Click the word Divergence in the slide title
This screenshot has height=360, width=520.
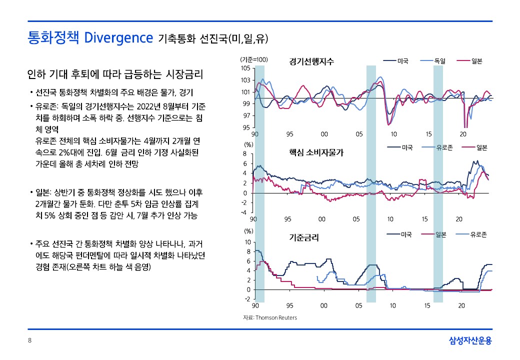pos(118,38)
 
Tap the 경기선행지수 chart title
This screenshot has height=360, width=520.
pos(311,61)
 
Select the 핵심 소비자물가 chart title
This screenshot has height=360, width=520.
pos(316,152)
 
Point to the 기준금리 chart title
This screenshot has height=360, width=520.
pos(304,237)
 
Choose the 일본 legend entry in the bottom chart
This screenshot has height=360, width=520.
pos(434,234)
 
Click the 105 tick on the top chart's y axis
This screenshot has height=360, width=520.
pos(245,68)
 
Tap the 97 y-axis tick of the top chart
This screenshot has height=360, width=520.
pos(247,115)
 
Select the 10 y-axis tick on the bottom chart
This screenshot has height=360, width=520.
pos(247,242)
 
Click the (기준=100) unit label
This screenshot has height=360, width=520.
pos(254,59)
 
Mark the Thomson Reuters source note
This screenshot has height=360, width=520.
pos(270,317)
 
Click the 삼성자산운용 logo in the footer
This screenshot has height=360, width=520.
pos(470,340)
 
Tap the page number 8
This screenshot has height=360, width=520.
pos(30,340)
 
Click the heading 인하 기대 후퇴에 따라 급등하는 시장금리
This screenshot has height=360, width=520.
pos(115,74)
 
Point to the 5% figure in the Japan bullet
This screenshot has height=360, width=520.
pos(49,215)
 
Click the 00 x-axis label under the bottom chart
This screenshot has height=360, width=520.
pos(323,305)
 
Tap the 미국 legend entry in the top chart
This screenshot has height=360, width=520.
pos(396,61)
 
